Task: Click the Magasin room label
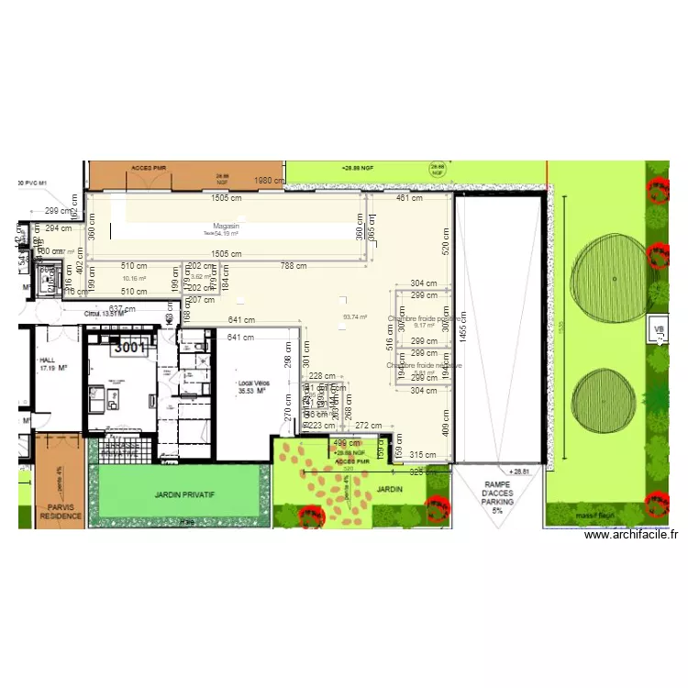click(x=226, y=226)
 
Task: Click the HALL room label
click(x=48, y=361)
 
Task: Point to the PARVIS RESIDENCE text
click(x=60, y=511)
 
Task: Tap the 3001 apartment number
click(x=130, y=348)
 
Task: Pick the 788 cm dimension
click(x=294, y=267)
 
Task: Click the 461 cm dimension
click(x=409, y=197)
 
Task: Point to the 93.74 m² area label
click(x=355, y=317)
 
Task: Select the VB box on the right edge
click(x=658, y=329)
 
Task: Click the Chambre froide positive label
click(x=424, y=318)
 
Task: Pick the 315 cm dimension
click(x=423, y=455)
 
